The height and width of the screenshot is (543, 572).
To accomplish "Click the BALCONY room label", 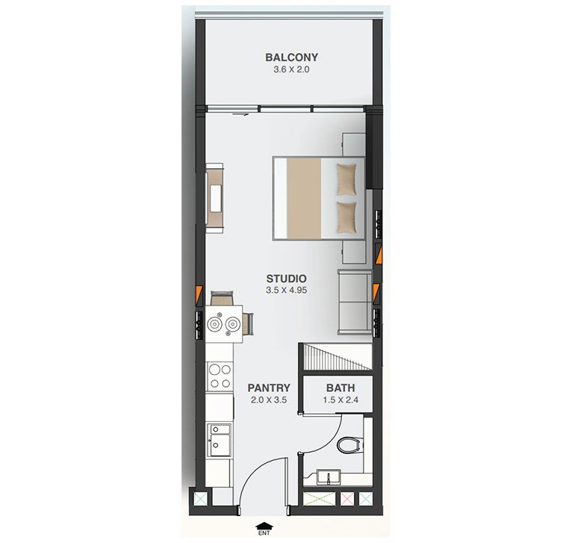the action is click(x=291, y=58).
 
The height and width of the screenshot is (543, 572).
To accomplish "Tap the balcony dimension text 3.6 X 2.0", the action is click(x=291, y=69).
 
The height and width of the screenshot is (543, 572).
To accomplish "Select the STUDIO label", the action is click(x=286, y=279).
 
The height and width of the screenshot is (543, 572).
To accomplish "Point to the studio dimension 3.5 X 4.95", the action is click(x=286, y=291).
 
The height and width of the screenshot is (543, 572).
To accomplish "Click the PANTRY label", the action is click(x=269, y=388).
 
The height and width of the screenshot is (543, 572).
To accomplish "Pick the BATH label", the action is click(x=341, y=388).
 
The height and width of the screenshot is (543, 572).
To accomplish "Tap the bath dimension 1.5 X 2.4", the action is click(x=341, y=400).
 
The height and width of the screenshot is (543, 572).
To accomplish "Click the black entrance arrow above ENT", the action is click(x=264, y=526).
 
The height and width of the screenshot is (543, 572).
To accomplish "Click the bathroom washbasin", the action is click(x=329, y=477).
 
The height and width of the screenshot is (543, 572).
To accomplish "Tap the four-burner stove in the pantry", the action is click(x=220, y=376).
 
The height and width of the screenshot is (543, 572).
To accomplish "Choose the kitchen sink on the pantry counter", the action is click(x=220, y=440).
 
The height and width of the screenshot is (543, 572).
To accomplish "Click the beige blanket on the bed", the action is click(x=304, y=199).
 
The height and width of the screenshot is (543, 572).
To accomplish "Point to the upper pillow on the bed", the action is click(x=346, y=179).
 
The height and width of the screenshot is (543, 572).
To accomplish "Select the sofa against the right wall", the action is click(x=355, y=302).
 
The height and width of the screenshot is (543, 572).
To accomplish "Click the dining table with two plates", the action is click(x=224, y=324).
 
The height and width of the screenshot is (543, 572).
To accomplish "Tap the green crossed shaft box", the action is click(x=319, y=499).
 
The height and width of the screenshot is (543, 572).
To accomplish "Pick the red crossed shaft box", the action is click(x=347, y=499).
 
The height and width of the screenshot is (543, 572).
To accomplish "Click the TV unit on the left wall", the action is click(x=214, y=198).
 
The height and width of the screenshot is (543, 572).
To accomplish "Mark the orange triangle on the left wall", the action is click(x=199, y=293).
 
